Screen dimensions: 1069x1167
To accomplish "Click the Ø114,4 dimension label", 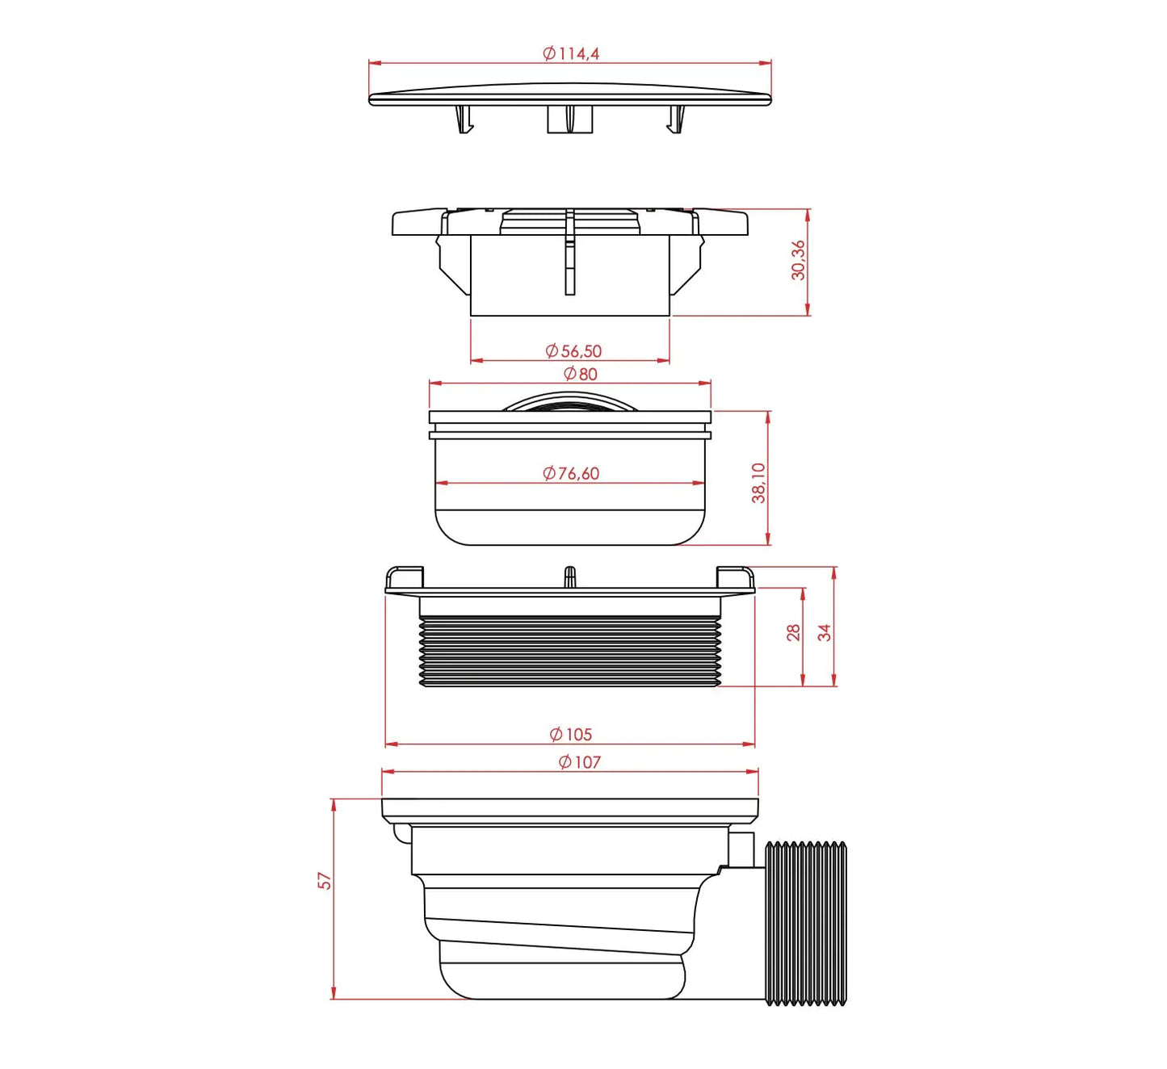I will point(571,53).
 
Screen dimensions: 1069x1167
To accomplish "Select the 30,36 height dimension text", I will point(798,260).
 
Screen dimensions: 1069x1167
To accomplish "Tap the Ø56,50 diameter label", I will point(573,351).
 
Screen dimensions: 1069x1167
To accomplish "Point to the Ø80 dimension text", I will point(580,374).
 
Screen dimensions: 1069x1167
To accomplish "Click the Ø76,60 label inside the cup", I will point(571,473).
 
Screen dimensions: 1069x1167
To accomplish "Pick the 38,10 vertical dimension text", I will point(758,483).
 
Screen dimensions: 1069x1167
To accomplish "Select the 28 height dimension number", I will point(793,632).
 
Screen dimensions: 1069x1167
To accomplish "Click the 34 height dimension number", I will point(824,632).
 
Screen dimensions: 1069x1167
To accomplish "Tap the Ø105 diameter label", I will point(571,734).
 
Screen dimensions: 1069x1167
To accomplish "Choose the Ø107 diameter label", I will point(579,761).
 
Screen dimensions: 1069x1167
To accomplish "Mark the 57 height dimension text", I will point(325,880).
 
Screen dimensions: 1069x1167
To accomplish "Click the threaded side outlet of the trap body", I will point(805,924).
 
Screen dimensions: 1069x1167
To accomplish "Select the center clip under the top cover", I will point(570,119).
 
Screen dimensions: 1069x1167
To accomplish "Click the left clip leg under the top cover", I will point(463,119).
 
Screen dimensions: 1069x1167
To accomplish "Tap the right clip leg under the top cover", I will point(675,119).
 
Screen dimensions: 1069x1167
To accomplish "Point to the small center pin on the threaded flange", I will point(569,576).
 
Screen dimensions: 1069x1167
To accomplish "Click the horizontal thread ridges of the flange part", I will point(570,651).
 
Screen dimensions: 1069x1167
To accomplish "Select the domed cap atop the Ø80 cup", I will point(570,401).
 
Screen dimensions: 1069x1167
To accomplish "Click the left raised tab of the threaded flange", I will point(405,577).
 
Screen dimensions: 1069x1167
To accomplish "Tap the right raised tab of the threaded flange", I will point(735,577).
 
